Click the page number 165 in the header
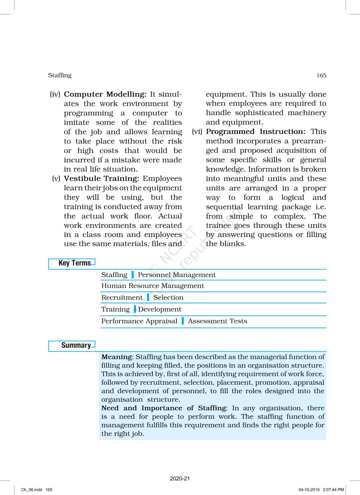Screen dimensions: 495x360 coord(321,76)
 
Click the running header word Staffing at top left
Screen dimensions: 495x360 coord(60,75)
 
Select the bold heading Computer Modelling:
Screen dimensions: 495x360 coord(105,94)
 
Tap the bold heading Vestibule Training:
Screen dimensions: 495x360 coord(101,179)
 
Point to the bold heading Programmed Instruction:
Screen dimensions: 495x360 coord(256,132)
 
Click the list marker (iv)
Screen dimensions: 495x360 coord(55,94)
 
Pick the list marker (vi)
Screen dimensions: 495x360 coord(197,132)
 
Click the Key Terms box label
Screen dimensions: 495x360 coord(75,263)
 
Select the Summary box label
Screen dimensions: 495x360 coord(76,345)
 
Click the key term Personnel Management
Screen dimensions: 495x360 coord(177,275)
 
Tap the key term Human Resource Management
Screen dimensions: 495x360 coord(153,286)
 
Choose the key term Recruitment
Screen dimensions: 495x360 coord(122,298)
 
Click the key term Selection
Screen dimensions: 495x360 coord(168,298)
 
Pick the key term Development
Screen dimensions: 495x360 coord(160,309)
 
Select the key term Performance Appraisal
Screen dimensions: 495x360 coord(139,321)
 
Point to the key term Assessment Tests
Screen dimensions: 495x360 coord(217,321)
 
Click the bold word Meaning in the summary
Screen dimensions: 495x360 coord(117,357)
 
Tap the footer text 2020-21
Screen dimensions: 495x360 coord(180,479)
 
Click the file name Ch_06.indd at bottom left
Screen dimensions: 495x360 coord(32,490)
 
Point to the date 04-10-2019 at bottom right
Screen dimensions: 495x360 coord(309,490)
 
